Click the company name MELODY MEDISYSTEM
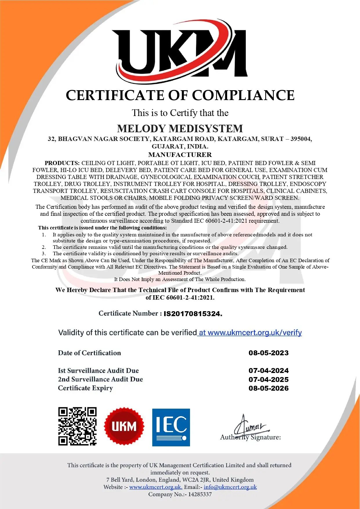pyautogui.click(x=180, y=128)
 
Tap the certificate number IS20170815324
pyautogui.click(x=193, y=314)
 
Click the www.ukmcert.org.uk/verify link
pyautogui.click(x=250, y=333)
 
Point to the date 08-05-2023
pyautogui.click(x=268, y=353)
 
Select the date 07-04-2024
pyautogui.click(x=268, y=371)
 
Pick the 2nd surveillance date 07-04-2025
pyautogui.click(x=268, y=380)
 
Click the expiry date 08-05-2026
pyautogui.click(x=268, y=388)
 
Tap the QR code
pyautogui.click(x=77, y=426)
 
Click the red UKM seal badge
pyautogui.click(x=124, y=426)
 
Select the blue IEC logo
pyautogui.click(x=171, y=427)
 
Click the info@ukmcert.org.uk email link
pyautogui.click(x=230, y=487)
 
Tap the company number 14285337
pyautogui.click(x=200, y=494)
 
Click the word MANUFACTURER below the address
pyautogui.click(x=180, y=155)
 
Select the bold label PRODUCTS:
pyautogui.click(x=62, y=163)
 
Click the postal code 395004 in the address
pyautogui.click(x=301, y=139)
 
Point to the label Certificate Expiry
pyautogui.click(x=85, y=388)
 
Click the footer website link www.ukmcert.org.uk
pyautogui.click(x=155, y=487)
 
